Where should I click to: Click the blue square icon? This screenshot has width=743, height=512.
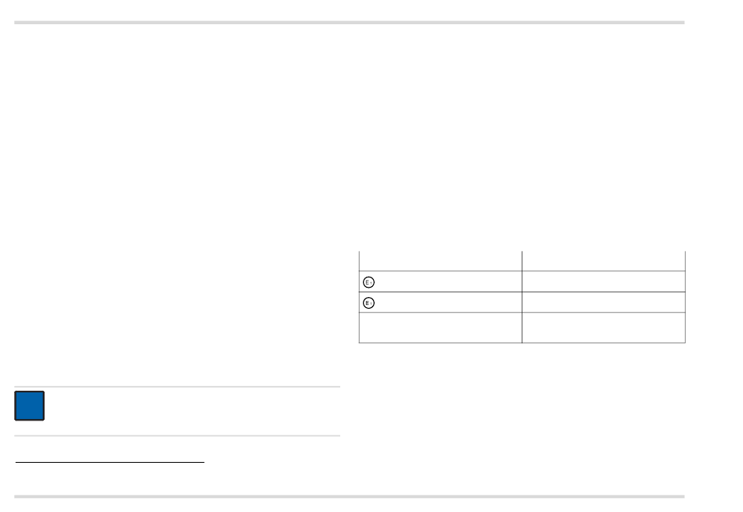tap(29, 406)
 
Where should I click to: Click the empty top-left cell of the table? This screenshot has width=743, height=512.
tap(440, 261)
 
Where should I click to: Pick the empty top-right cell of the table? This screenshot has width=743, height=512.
tap(603, 261)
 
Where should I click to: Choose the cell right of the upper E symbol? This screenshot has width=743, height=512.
tap(603, 281)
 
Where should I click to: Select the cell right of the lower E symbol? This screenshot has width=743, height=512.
tap(603, 301)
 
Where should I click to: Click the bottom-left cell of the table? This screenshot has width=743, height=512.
tap(440, 327)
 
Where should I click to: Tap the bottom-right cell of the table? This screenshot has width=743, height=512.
tap(603, 327)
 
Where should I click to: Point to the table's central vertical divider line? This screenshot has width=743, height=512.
tap(522, 297)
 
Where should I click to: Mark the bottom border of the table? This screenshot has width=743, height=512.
tap(522, 342)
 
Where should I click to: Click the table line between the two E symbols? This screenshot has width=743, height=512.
tap(440, 292)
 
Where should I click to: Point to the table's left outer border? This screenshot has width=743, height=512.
tap(359, 297)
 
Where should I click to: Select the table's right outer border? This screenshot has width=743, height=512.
tap(685, 297)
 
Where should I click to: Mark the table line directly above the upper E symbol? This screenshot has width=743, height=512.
tap(440, 271)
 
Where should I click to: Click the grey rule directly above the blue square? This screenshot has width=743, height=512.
tap(178, 387)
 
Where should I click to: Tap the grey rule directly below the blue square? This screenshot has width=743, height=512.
tap(178, 435)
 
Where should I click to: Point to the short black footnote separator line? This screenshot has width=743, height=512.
tap(109, 462)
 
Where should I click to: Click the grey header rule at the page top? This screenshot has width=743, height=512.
tap(350, 23)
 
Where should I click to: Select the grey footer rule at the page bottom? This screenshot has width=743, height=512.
tap(350, 496)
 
